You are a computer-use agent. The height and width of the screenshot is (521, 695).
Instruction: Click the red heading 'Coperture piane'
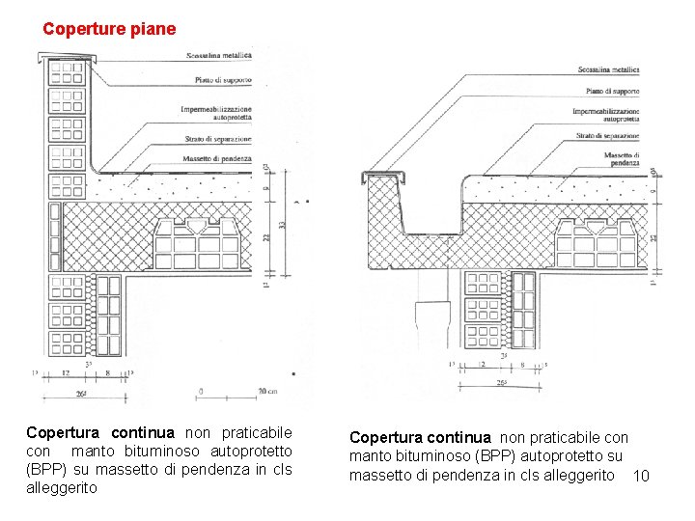click(109, 29)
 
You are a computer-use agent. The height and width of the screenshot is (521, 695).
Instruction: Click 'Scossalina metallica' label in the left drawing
click(219, 56)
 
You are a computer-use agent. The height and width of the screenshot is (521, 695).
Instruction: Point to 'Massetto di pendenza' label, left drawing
click(216, 158)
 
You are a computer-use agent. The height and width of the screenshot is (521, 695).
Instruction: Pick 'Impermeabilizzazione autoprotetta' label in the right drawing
click(607, 117)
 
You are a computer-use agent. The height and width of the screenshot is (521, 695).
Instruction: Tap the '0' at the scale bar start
click(200, 391)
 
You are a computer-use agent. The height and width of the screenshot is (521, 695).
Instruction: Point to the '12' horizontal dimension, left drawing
click(66, 372)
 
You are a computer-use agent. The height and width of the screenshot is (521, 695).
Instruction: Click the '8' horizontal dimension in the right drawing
click(522, 365)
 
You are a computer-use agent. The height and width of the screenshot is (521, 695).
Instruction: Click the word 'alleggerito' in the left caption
click(62, 488)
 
